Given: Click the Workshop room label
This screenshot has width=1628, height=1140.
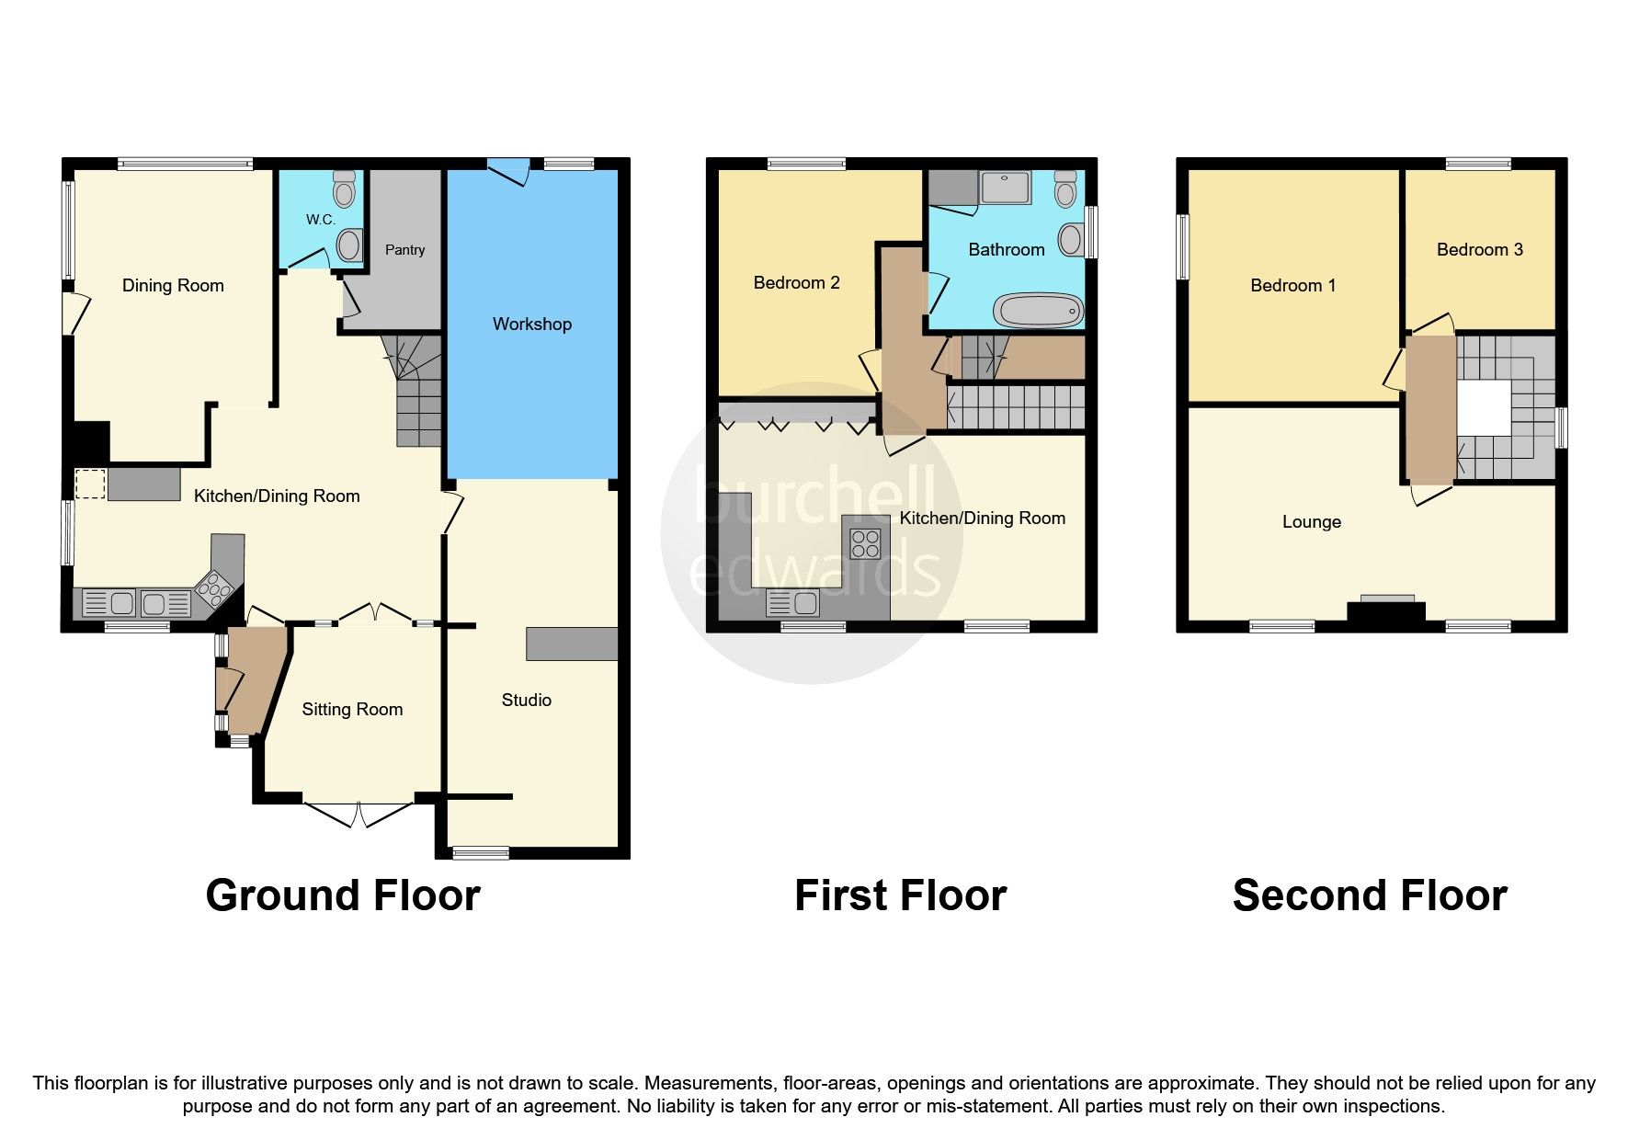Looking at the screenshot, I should coord(531,324).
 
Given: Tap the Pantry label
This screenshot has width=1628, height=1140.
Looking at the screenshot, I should coord(404,250).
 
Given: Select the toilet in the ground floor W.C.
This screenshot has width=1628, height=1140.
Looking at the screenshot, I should coord(345,188).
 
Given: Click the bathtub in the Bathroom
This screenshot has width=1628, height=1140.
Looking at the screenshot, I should coord(1040,311).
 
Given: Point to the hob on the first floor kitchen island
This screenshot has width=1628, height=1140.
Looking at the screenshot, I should coord(865,544).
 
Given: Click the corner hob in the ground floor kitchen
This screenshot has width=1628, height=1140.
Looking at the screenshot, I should coord(214,587).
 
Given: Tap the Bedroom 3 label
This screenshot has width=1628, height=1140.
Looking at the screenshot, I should coord(1479,249).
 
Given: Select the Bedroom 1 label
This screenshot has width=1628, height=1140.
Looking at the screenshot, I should coord(1292,285).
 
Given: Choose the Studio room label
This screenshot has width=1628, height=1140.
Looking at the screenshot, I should coord(526,700).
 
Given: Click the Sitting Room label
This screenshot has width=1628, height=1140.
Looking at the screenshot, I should coord(352,709).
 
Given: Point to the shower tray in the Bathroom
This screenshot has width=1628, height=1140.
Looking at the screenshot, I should coord(1006,187).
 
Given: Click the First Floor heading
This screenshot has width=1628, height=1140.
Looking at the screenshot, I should coord(900,895).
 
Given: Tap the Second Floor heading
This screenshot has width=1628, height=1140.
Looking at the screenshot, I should coord(1369,895).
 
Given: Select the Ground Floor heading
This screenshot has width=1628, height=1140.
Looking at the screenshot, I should coord(343,895).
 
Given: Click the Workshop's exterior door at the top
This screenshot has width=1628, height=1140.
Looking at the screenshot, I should coord(508,171).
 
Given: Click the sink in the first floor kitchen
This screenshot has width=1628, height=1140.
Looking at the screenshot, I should coord(792,603).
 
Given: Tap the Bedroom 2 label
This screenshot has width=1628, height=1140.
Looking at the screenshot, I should coord(796,282).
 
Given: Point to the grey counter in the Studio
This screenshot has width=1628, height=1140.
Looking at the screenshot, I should coord(572,644).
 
